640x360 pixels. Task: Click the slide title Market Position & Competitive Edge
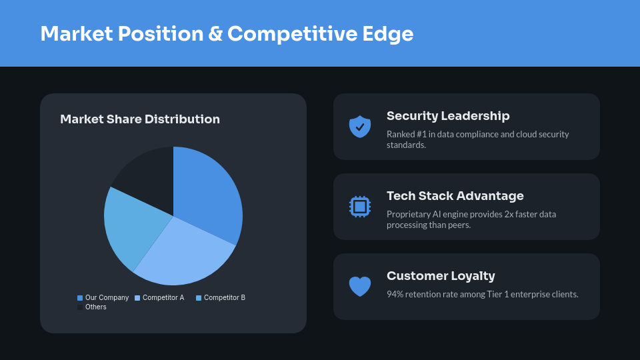(227, 34)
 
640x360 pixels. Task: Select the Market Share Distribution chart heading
(140, 119)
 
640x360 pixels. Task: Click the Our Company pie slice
(207, 193)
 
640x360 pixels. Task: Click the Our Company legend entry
(103, 298)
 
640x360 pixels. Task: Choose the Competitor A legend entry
(159, 298)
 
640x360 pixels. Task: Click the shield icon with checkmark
(360, 127)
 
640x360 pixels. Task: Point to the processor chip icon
(360, 207)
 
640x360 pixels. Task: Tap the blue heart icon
(360, 287)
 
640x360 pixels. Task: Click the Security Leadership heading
(448, 116)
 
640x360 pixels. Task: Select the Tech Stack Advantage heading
(455, 196)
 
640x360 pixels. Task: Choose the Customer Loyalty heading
(441, 276)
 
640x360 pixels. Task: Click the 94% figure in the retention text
(395, 294)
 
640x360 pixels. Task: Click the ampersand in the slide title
(215, 34)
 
